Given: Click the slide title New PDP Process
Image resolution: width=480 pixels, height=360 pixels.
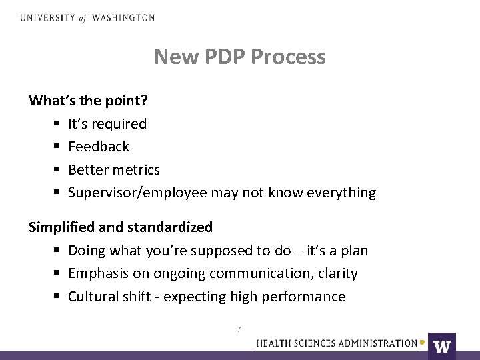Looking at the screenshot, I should [239, 57].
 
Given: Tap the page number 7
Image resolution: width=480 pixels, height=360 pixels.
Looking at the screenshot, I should [239, 329].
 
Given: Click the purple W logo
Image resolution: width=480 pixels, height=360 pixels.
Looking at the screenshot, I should [442, 346].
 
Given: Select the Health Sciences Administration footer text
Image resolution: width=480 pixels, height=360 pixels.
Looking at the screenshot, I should [337, 343].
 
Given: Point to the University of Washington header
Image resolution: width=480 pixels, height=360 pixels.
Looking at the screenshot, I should [87, 18].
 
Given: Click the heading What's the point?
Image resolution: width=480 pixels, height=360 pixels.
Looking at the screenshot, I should [89, 101].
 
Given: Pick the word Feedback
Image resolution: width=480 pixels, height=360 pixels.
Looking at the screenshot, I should [99, 147].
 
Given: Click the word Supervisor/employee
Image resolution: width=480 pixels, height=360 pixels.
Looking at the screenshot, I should [138, 193].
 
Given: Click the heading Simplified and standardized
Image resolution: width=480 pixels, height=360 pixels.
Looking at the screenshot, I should [121, 227].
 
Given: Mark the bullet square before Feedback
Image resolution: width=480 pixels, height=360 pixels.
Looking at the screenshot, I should [54, 147].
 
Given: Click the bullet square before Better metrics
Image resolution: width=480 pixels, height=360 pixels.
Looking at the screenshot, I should [54, 170].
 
